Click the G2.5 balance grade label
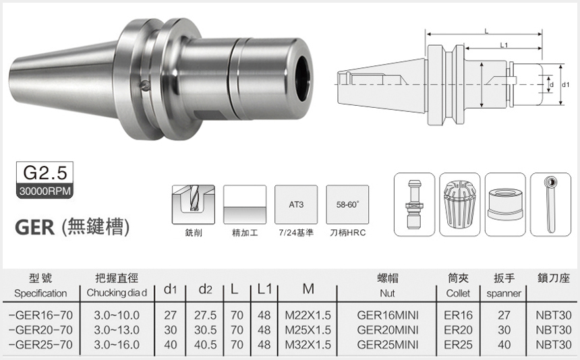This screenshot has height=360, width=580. click(45, 172)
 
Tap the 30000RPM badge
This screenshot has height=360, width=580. click(45, 191)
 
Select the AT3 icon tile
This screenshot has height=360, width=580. click(296, 204)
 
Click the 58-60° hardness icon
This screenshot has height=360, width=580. click(347, 204)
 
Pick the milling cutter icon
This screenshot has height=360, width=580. click(194, 204)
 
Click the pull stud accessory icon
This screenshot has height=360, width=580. click(414, 204)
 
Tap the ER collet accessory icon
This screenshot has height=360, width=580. click(460, 204)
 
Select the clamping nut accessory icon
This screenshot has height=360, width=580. click(505, 204)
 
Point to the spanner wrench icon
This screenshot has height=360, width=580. click(551, 204)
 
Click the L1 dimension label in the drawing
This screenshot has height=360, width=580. click(504, 45)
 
